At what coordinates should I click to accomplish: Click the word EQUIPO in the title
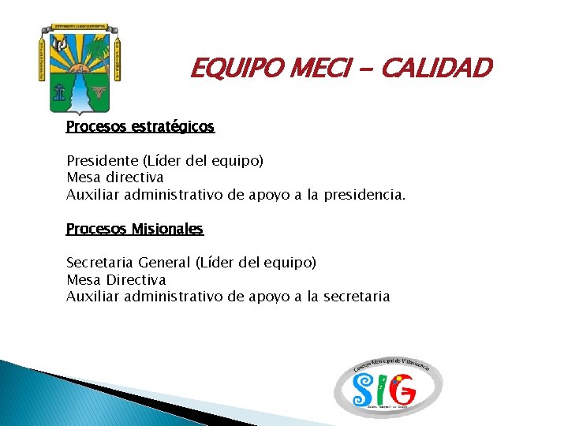click(x=228, y=69)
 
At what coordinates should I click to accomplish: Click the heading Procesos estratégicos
click(x=140, y=126)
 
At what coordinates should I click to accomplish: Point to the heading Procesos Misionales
click(x=135, y=229)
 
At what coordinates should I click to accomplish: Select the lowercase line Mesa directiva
click(x=115, y=177)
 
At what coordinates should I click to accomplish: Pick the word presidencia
click(x=368, y=194)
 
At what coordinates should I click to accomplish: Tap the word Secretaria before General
click(x=100, y=263)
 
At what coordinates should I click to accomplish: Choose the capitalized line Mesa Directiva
click(x=116, y=280)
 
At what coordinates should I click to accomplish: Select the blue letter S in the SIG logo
click(x=364, y=389)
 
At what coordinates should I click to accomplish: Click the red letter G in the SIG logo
click(x=403, y=388)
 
